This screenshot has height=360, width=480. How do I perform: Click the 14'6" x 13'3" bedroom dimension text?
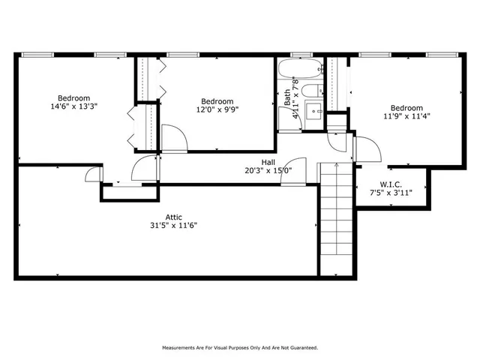(x=73, y=106)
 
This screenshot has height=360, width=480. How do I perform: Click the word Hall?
(x=268, y=162)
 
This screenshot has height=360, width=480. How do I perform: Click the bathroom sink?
(x=316, y=113)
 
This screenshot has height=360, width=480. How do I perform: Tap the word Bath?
(x=286, y=97)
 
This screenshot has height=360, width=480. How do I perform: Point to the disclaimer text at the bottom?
(x=240, y=347)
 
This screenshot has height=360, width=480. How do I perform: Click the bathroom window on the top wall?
(x=301, y=55)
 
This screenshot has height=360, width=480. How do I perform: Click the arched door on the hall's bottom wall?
(x=295, y=171)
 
